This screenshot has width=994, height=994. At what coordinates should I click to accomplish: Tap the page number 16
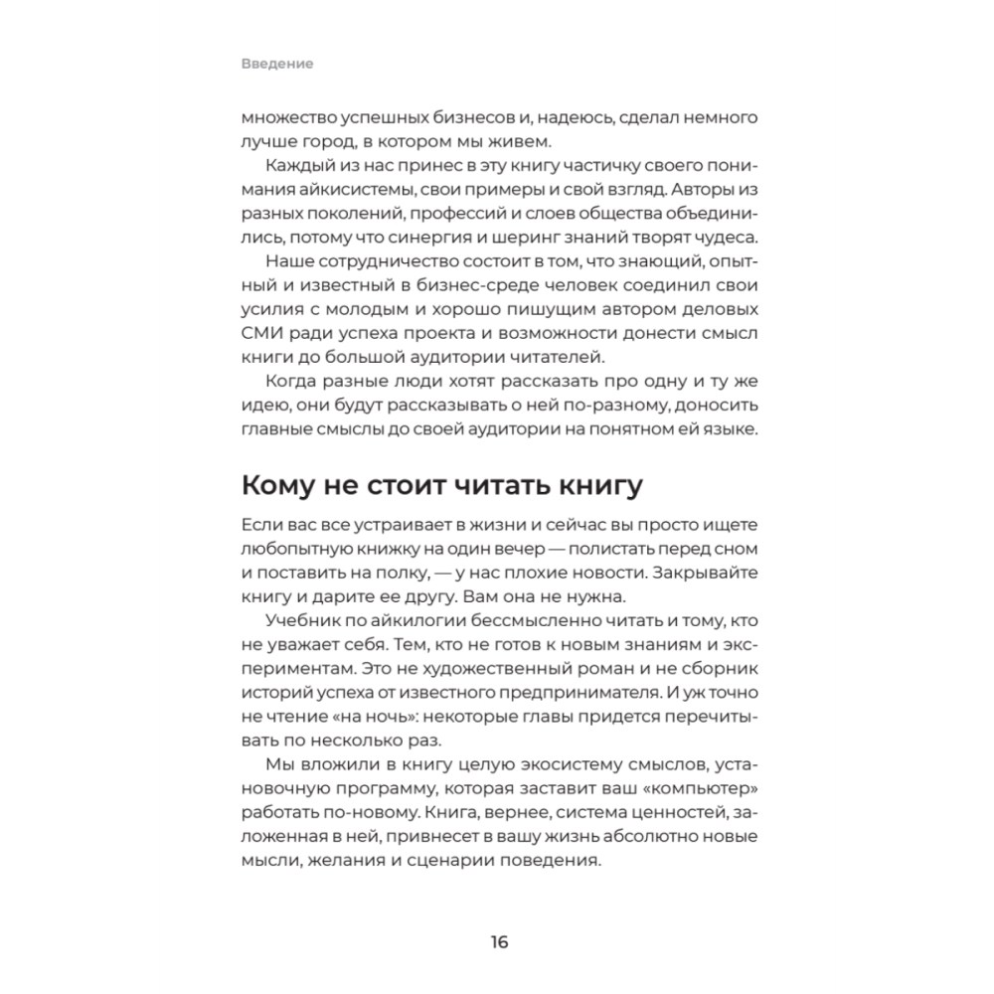point(498,941)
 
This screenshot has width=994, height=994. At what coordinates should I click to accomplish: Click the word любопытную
point(295,549)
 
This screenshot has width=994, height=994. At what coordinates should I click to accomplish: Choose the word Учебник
point(303,620)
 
